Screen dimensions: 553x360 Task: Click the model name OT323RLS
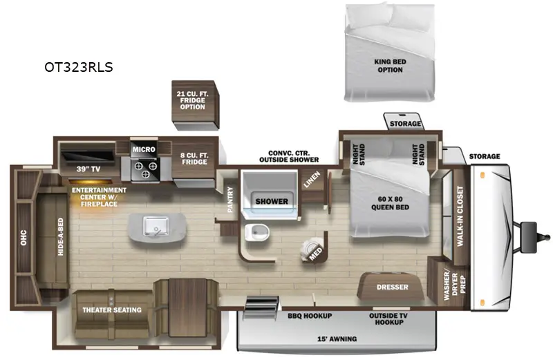click(x=79, y=67)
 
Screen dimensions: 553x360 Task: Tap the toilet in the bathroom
click(x=256, y=233)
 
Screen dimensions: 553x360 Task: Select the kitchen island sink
click(x=157, y=226)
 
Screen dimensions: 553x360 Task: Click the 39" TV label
click(x=88, y=169)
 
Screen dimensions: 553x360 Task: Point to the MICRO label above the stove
click(x=144, y=149)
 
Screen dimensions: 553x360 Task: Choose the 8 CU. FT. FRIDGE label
click(x=194, y=159)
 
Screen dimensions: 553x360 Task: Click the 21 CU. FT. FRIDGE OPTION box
click(x=195, y=104)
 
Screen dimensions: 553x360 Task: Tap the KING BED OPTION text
click(x=390, y=66)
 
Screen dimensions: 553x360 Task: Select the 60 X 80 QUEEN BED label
click(x=390, y=203)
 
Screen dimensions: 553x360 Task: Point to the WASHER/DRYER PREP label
click(x=454, y=285)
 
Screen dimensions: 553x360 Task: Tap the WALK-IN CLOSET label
click(x=460, y=216)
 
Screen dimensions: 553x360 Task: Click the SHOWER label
click(x=272, y=201)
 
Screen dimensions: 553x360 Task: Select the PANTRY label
click(x=230, y=200)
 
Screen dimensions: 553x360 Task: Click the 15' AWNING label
click(x=337, y=339)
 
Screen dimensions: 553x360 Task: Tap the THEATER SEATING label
click(x=112, y=310)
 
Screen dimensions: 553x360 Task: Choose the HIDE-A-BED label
click(x=61, y=236)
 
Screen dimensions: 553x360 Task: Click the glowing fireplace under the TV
click(x=91, y=182)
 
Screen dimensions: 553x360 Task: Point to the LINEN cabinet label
click(x=312, y=179)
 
